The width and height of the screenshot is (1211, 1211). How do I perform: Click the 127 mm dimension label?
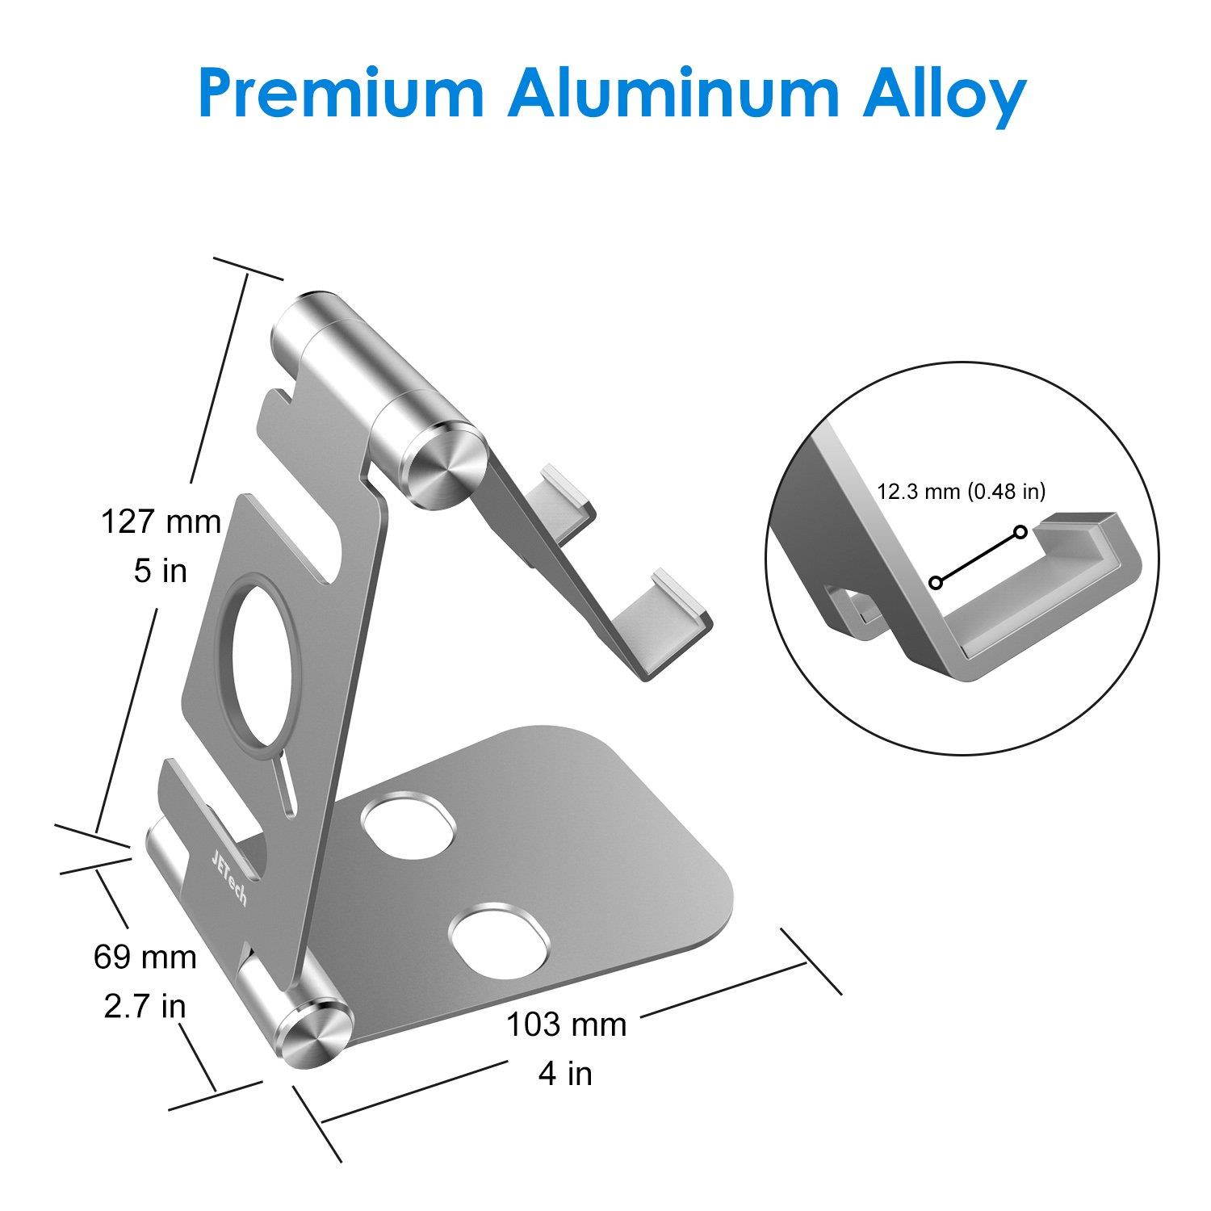tap(161, 522)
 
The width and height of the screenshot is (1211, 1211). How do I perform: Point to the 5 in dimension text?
tap(161, 571)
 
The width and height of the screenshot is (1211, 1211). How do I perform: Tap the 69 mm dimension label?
tap(145, 957)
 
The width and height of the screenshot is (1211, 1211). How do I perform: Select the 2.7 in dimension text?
tap(145, 1006)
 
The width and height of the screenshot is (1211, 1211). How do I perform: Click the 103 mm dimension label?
tap(567, 1024)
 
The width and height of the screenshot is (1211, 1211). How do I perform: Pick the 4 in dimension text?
tap(567, 1074)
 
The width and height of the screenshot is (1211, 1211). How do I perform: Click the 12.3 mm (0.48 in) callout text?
tap(966, 491)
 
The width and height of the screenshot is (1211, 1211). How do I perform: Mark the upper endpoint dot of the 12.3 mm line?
tap(1021, 531)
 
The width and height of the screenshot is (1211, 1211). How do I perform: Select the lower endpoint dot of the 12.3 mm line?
tap(936, 582)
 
